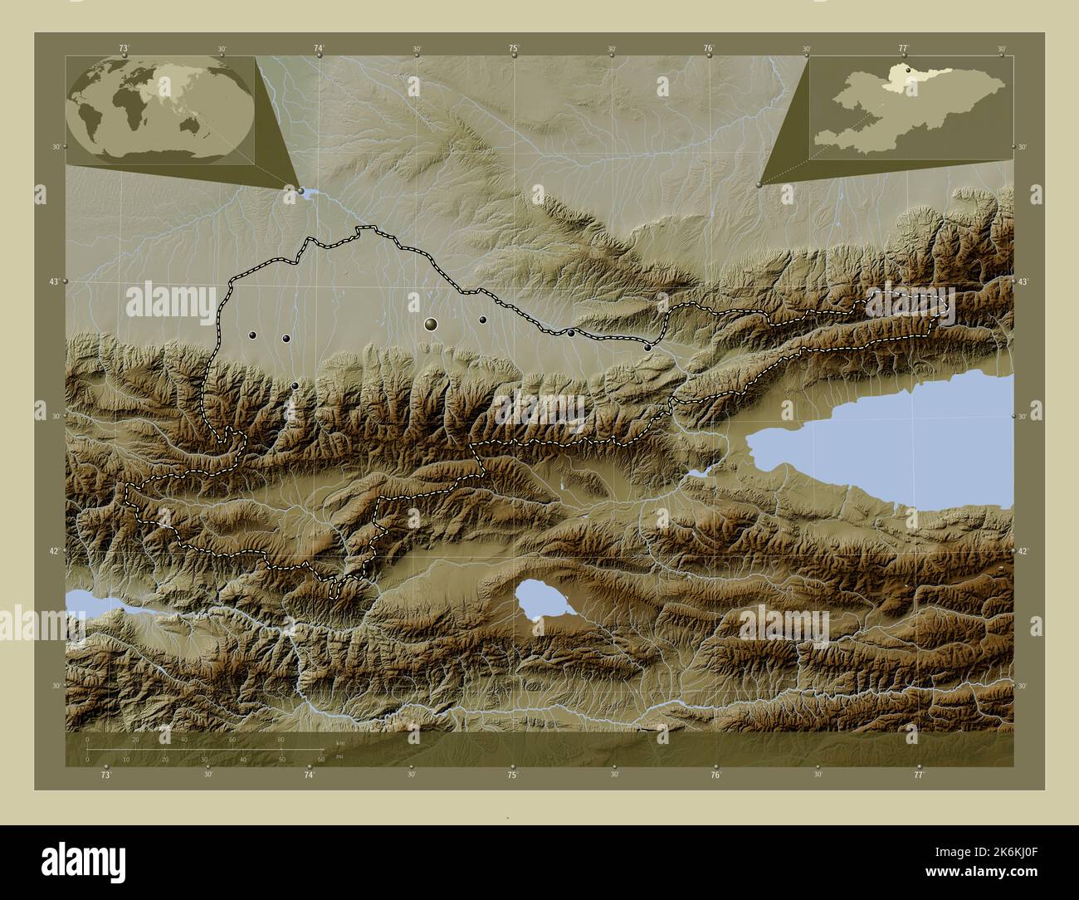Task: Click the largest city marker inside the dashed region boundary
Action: point(430,324)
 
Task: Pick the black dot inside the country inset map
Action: point(909,71)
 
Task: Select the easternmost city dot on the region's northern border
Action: point(647,347)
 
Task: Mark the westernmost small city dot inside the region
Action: point(252,335)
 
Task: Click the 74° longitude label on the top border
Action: point(319,49)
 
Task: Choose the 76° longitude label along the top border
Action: point(709,49)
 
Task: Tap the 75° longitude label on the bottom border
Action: point(513,775)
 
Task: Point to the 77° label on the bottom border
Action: point(918,775)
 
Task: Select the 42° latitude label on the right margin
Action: point(1023,550)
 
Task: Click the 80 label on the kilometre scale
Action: point(281,739)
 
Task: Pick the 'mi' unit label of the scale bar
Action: point(339,757)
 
